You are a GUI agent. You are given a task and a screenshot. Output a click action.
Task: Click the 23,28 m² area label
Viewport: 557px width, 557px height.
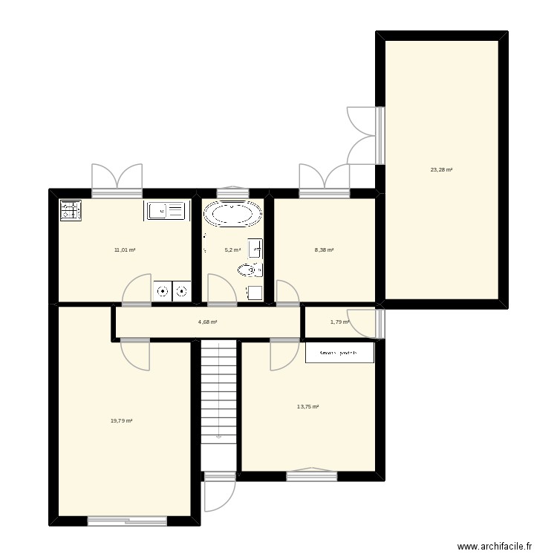tap(441, 170)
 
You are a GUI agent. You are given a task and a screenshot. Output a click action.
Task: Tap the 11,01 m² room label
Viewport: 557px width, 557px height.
tap(125, 250)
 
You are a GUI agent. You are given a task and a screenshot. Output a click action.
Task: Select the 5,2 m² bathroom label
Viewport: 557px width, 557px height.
tap(232, 250)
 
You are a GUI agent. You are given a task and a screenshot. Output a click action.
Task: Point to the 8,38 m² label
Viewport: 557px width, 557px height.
tap(324, 250)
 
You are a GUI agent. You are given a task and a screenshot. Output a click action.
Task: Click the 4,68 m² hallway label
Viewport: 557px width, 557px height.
tap(207, 322)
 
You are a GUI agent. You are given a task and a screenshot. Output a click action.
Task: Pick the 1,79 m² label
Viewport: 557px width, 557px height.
tap(339, 322)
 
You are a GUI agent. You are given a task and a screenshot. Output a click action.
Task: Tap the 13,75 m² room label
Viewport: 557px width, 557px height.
tap(307, 406)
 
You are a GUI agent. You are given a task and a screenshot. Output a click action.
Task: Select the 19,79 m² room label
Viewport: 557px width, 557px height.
tap(121, 420)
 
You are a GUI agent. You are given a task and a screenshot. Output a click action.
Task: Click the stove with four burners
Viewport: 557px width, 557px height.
tap(70, 211)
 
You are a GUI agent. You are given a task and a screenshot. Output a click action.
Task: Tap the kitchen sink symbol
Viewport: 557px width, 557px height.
tap(165, 211)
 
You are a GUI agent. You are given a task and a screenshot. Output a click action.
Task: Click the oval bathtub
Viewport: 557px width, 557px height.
tap(232, 215)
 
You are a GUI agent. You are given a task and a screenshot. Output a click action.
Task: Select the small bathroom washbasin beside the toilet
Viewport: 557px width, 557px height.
tap(255, 247)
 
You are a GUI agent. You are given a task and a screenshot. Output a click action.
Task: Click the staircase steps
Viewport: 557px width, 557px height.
tap(218, 390)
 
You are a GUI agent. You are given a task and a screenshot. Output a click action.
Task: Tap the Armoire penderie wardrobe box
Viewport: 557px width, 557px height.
tap(339, 352)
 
